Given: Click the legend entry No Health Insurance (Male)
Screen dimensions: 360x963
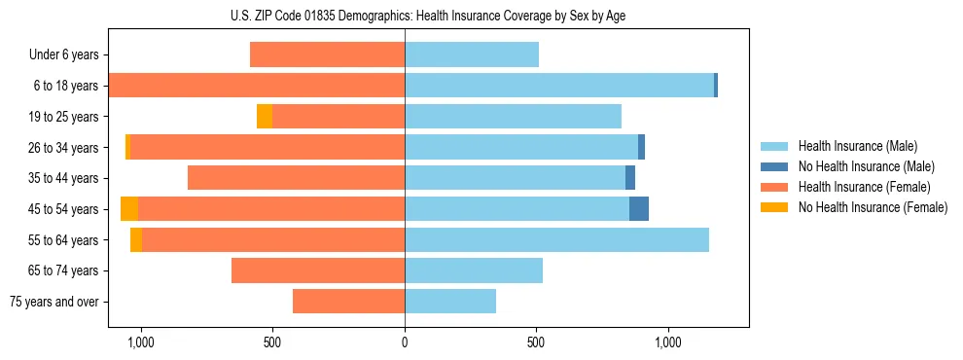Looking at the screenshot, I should (866, 166).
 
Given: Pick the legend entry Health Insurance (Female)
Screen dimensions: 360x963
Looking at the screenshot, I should (864, 187).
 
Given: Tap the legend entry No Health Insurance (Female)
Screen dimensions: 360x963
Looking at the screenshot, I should (873, 207).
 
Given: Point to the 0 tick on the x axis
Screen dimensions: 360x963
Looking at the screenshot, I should (405, 342).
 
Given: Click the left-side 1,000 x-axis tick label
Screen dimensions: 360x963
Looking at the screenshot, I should (141, 342).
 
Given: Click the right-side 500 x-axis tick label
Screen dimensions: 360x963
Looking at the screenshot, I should (536, 342).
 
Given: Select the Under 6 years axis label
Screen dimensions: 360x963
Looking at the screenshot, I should (63, 55).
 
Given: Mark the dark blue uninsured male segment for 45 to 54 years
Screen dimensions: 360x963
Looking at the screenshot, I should (639, 209).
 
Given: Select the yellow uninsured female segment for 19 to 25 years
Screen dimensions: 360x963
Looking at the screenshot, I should (265, 117).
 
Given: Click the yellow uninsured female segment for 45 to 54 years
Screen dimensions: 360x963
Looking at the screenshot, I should (129, 209).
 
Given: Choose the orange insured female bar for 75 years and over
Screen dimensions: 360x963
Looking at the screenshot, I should (348, 302).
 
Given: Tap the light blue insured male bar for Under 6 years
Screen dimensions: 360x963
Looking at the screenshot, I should (472, 55).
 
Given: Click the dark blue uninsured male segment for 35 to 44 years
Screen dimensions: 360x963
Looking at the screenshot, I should (630, 178).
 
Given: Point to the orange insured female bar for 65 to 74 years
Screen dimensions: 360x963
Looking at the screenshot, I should (318, 270).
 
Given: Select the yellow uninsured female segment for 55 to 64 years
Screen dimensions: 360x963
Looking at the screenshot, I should (136, 239).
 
